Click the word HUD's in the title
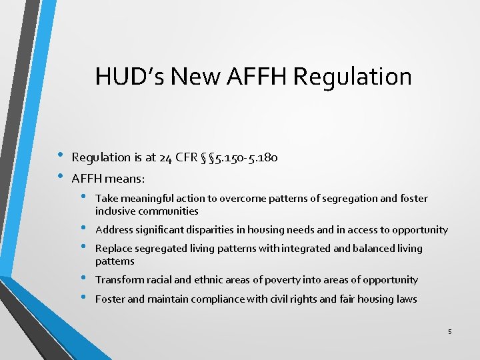pyautogui.click(x=129, y=76)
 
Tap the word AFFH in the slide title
pyautogui.click(x=255, y=76)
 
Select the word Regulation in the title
pyautogui.click(x=352, y=76)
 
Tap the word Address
pyautogui.click(x=114, y=230)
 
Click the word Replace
pyautogui.click(x=114, y=249)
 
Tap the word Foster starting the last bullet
pyautogui.click(x=110, y=299)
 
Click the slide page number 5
pyautogui.click(x=450, y=331)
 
